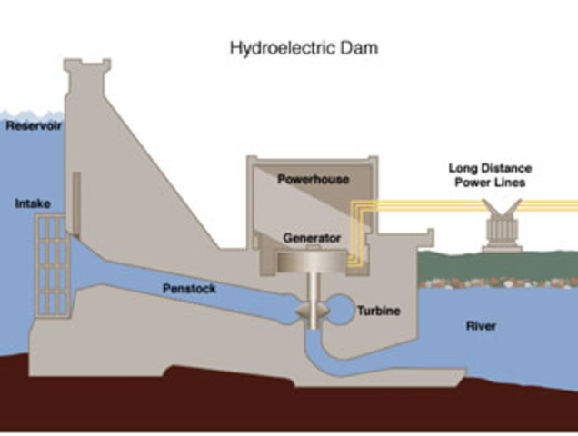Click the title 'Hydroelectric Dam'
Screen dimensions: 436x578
[304, 46]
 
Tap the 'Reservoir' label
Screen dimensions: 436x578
[34, 125]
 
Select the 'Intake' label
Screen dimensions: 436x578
[32, 203]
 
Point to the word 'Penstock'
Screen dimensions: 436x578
[189, 289]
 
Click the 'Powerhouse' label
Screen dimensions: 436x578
[314, 180]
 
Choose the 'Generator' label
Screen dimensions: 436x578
[311, 238]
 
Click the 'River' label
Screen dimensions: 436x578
[480, 324]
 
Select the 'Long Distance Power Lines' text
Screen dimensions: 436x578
[490, 176]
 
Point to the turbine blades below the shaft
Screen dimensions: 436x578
[310, 311]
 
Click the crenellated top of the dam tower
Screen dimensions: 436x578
[86, 66]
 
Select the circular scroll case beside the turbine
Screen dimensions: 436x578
[343, 310]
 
